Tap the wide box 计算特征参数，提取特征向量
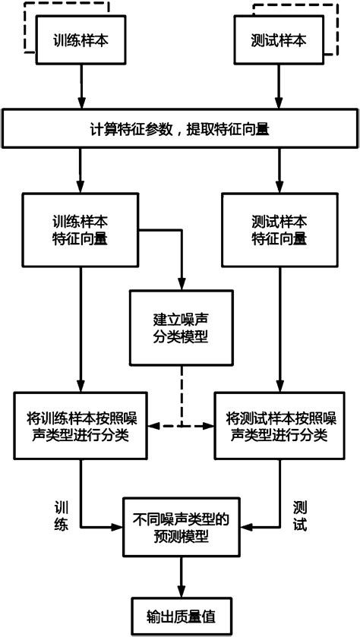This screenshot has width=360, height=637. coord(180,129)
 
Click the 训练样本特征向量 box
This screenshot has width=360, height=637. coord(79,231)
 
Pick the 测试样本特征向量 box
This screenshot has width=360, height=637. coord(279,231)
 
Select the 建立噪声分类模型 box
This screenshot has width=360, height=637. coord(181,327)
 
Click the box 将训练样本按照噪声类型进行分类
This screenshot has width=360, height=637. coord(79,427)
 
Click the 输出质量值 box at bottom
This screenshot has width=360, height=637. coord(181,616)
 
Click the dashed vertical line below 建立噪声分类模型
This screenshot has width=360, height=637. coord(181,395)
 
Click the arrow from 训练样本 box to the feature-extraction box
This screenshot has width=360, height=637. coord(79,90)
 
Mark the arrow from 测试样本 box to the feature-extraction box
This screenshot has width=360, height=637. coord(279,90)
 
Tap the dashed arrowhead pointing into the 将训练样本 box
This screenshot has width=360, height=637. coord(152,427)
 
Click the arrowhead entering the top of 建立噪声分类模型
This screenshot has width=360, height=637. coord(181,285)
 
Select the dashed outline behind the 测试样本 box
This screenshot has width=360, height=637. coord(337,30)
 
